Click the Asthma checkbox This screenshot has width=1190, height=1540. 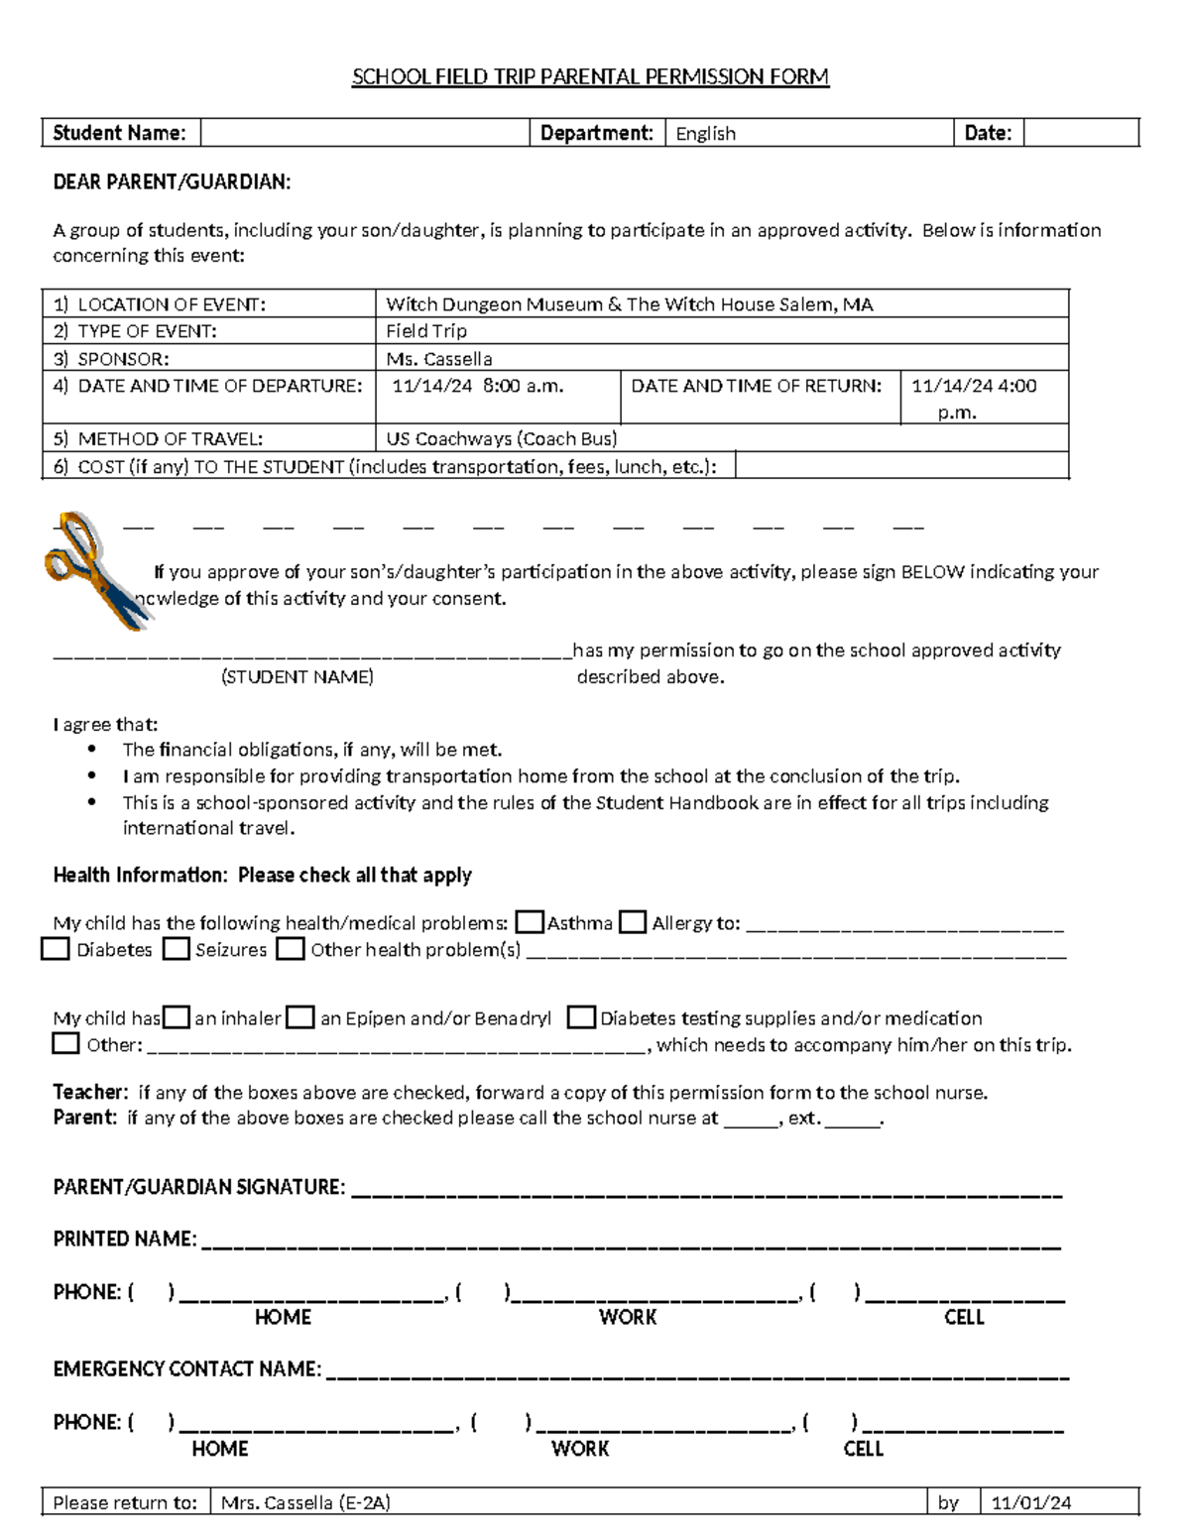click(x=531, y=923)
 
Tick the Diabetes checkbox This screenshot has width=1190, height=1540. click(x=55, y=950)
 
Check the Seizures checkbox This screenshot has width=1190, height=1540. click(x=177, y=950)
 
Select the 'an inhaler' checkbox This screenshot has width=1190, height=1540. click(x=177, y=1017)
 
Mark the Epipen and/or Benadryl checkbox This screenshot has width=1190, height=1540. click(x=300, y=1017)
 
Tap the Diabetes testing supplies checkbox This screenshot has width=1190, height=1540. click(x=582, y=1017)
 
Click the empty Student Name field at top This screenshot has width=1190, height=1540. click(x=364, y=133)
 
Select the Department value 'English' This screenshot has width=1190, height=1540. click(x=705, y=134)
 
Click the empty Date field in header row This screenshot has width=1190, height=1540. click(x=1080, y=133)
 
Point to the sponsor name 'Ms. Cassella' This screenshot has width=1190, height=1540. click(x=438, y=359)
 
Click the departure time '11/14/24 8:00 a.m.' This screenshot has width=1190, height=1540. click(x=477, y=387)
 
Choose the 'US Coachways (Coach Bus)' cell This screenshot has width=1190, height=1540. click(x=501, y=438)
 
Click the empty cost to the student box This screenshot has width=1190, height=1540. click(x=900, y=466)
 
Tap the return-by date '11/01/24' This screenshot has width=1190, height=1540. click(x=1031, y=1502)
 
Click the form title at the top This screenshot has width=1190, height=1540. click(x=590, y=77)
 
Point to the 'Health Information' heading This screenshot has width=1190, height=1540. click(x=262, y=875)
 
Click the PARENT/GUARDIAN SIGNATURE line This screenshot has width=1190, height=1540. click(x=705, y=1189)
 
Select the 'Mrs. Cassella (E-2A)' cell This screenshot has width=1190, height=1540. click(x=305, y=1502)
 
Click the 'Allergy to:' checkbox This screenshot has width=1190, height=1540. click(x=633, y=923)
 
